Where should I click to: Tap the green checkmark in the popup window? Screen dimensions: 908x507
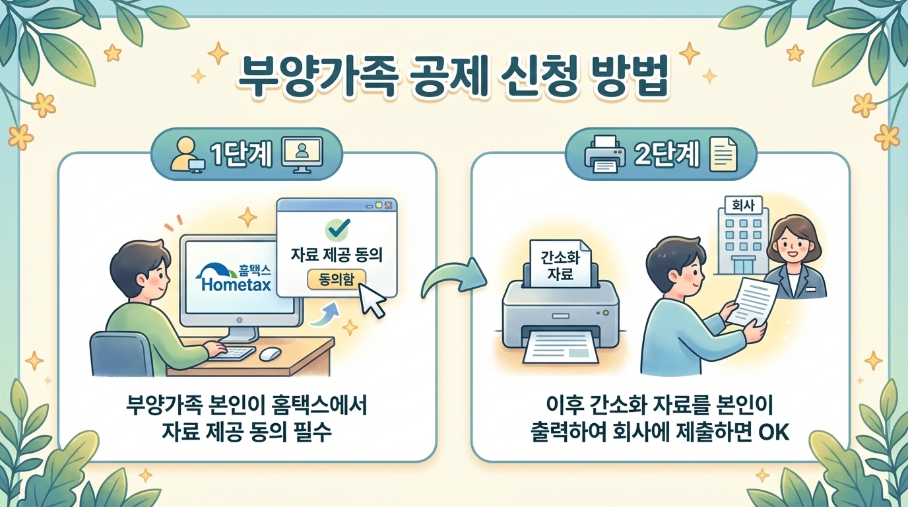pos(337,228)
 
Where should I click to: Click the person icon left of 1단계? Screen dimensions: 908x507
pos(185,156)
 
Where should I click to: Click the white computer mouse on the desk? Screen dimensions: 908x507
pos(270,354)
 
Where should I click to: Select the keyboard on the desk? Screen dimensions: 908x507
pos(232,353)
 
